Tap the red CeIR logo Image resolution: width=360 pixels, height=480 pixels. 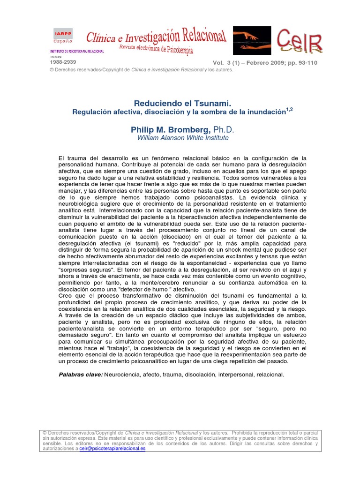(x=300, y=41)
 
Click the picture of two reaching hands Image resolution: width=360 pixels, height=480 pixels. (x=252, y=40)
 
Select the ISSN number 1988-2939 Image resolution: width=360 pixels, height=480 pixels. (x=63, y=62)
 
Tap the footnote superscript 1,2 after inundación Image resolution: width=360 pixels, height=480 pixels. (x=289, y=110)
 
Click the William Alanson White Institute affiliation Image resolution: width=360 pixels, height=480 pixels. (x=176, y=138)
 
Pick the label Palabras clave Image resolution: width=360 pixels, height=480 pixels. (x=80, y=375)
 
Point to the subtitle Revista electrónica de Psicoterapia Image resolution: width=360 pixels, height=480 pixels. (x=156, y=49)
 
